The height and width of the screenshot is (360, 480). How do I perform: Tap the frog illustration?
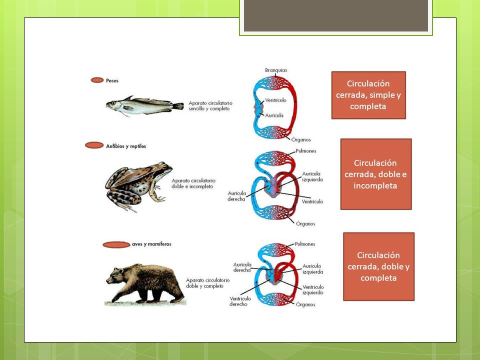[136, 185]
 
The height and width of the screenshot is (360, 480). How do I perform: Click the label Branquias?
[276, 70]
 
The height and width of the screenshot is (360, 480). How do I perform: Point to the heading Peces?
[112, 80]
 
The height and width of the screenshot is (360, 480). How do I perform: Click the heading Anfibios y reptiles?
[122, 146]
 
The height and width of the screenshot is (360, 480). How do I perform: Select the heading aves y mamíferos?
[151, 244]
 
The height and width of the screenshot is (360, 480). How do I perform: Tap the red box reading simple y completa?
[368, 95]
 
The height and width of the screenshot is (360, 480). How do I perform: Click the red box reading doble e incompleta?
[376, 174]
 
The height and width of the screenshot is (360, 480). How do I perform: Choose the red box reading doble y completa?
[378, 266]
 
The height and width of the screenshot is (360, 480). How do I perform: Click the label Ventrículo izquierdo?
[313, 290]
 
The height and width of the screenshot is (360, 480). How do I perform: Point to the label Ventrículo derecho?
[238, 301]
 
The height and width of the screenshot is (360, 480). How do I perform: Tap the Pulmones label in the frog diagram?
[305, 151]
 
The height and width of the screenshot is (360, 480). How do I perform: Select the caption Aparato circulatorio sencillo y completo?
[210, 106]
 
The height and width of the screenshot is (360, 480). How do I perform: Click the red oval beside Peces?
[97, 80]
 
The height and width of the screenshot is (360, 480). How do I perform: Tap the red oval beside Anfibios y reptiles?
[94, 145]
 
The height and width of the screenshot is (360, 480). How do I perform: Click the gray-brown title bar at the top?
[336, 16]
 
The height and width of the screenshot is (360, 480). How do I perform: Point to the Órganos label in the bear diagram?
[305, 304]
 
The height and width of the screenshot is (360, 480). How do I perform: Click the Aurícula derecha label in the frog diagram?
[236, 195]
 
